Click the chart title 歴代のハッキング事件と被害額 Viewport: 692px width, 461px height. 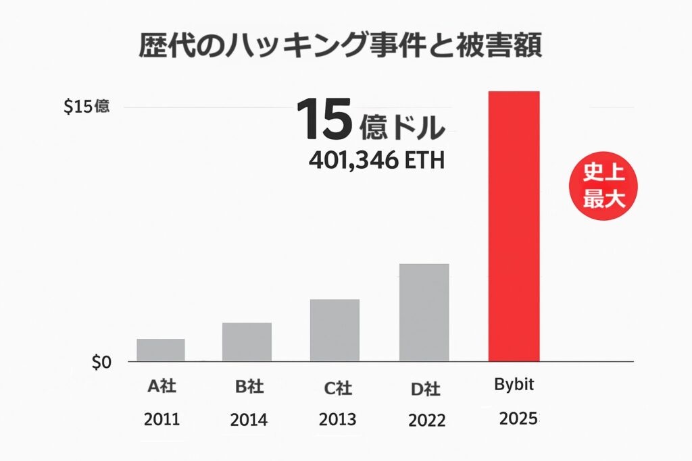click(x=341, y=47)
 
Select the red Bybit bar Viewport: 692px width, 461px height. click(x=514, y=226)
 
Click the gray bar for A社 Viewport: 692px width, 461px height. click(x=161, y=350)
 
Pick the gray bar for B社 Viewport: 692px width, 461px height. click(x=247, y=342)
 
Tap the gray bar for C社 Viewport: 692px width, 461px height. click(x=335, y=330)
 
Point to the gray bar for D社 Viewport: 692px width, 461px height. click(x=424, y=312)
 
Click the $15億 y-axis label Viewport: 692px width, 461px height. click(x=86, y=107)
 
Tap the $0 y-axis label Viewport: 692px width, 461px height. click(x=100, y=362)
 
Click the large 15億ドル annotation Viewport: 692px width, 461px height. click(x=371, y=121)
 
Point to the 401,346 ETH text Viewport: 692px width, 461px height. click(x=376, y=161)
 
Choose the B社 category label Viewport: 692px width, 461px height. click(x=249, y=387)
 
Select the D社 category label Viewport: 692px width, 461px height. click(x=426, y=389)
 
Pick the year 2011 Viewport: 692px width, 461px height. click(x=162, y=419)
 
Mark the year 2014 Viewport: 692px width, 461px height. click(x=249, y=420)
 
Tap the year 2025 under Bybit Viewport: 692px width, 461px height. click(x=518, y=418)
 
